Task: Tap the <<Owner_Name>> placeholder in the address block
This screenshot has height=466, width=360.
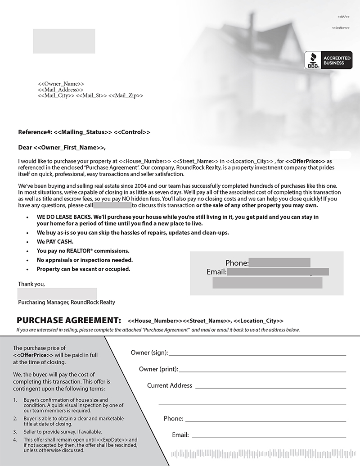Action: (61, 84)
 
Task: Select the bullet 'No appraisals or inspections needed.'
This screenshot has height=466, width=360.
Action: (85, 260)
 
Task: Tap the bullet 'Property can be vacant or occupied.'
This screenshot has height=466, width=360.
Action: (84, 269)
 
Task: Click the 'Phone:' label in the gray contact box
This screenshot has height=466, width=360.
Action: (237, 263)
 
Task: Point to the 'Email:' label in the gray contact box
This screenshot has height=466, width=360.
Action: (216, 272)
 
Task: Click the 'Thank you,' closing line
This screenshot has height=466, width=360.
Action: (31, 284)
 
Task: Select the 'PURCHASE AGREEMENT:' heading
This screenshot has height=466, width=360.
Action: (69, 321)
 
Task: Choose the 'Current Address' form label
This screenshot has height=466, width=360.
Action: (170, 385)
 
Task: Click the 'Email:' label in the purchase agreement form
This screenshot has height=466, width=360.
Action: (180, 435)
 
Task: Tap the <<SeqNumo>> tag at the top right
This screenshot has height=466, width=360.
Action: (340, 28)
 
